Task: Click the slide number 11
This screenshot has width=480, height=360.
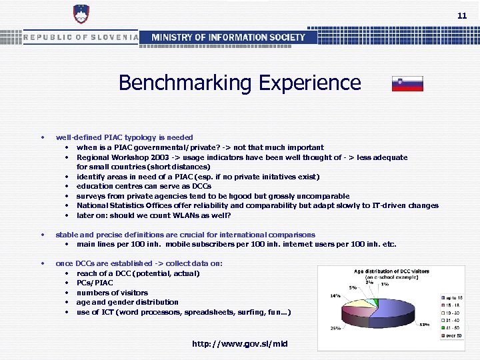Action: coord(462,15)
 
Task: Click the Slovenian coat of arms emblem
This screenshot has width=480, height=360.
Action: coord(81,15)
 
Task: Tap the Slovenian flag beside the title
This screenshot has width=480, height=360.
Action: coord(407,84)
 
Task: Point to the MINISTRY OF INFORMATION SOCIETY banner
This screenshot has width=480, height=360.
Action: coord(229,37)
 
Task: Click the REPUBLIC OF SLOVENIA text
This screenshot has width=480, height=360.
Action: coord(81,37)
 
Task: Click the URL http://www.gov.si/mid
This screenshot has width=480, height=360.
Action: coord(240,344)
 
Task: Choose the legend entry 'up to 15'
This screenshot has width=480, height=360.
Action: coord(456,297)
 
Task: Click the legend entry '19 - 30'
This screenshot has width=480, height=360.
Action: coord(456,313)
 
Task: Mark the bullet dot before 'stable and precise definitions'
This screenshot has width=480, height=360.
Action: coord(43,235)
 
